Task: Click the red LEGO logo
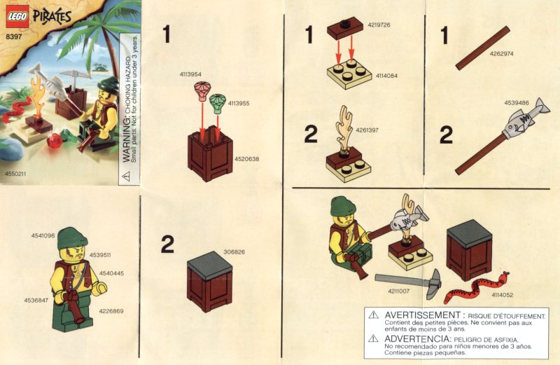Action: click(x=17, y=17)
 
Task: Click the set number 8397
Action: click(x=13, y=36)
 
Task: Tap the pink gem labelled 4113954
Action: click(x=203, y=91)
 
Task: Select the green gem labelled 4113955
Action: click(x=217, y=104)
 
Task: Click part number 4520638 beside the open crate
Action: click(x=246, y=159)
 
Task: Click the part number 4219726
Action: click(x=379, y=25)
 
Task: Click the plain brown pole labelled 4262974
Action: click(x=482, y=48)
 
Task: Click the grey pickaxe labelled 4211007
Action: click(x=409, y=283)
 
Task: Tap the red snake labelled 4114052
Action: click(x=476, y=287)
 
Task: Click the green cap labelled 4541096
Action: click(x=73, y=238)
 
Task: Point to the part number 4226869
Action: click(x=111, y=311)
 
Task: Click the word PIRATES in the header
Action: click(x=52, y=17)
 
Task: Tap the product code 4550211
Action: click(x=15, y=174)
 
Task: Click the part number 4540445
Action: click(x=111, y=273)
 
